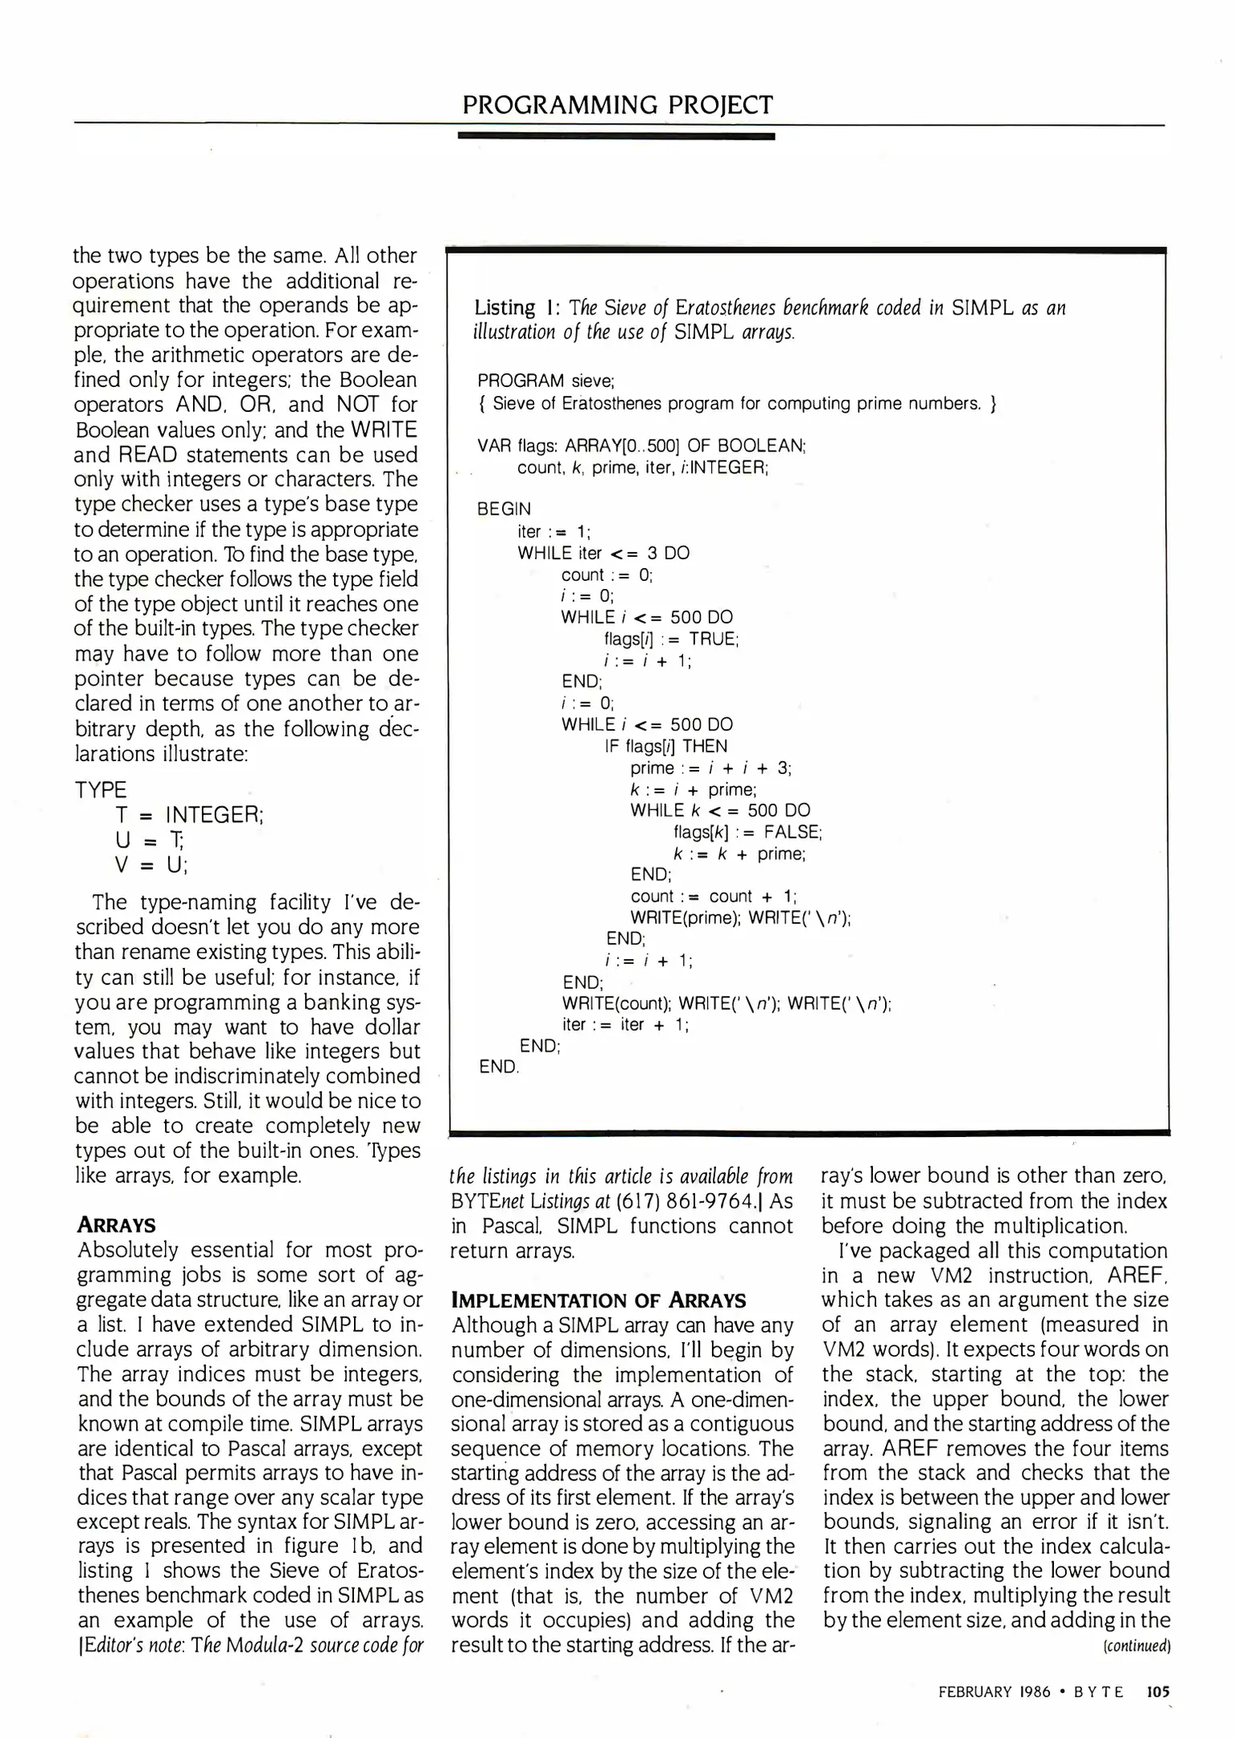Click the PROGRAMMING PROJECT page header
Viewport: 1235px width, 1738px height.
(617, 105)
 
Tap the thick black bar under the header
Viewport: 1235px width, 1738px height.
(615, 137)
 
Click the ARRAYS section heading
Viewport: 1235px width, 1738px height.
(117, 1225)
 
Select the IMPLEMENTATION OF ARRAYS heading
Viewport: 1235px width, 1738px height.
(599, 1300)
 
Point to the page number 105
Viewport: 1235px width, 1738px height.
(1158, 1692)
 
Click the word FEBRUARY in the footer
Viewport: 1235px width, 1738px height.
(974, 1692)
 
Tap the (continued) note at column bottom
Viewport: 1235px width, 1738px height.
(1136, 1645)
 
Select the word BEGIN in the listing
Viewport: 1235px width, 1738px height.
(504, 509)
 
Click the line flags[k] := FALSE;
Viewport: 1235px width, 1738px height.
(747, 832)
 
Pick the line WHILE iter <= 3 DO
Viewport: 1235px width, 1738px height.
(603, 553)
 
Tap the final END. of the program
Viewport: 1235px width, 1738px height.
(499, 1067)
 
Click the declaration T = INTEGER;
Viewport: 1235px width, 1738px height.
(190, 815)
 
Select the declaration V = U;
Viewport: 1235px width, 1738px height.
(152, 865)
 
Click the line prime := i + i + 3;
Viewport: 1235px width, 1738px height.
(710, 768)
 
